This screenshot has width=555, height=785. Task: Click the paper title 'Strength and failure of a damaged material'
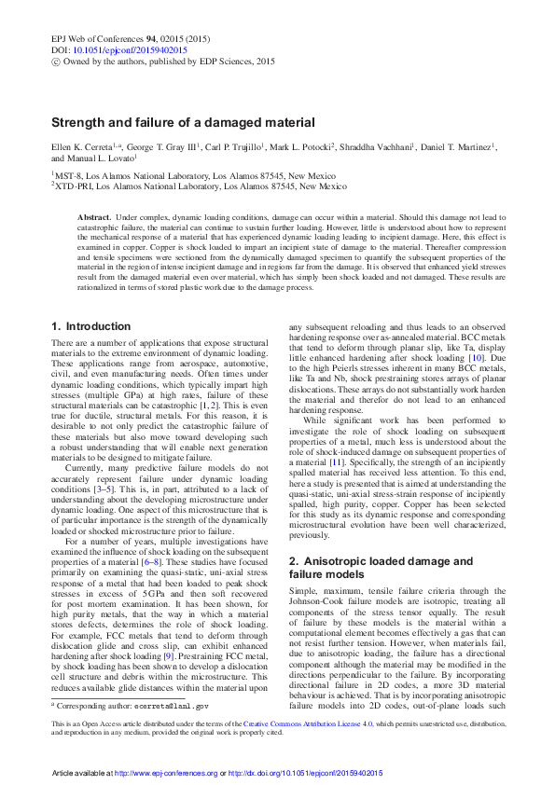click(x=182, y=122)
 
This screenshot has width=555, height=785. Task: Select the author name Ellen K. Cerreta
click(x=84, y=147)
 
